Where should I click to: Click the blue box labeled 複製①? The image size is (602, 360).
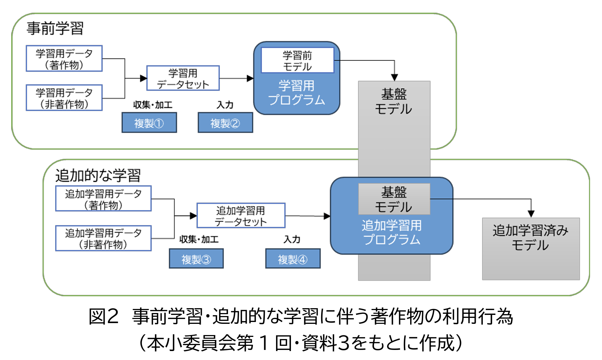(x=149, y=123)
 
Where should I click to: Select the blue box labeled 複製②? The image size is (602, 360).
(x=225, y=123)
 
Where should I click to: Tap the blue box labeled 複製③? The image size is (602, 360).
(x=196, y=259)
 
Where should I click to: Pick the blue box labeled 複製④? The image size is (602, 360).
(x=292, y=259)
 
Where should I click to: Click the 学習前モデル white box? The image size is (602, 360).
(x=297, y=60)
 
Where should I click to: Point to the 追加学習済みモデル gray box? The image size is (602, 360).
(x=530, y=248)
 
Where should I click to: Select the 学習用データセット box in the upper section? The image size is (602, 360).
(x=183, y=78)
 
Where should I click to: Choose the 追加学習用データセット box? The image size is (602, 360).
(x=241, y=215)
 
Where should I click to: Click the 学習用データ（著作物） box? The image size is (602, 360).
(x=64, y=59)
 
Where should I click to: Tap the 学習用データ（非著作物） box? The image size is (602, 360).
(x=64, y=98)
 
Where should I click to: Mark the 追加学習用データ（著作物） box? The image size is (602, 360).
(x=103, y=199)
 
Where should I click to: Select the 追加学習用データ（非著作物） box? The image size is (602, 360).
(x=103, y=238)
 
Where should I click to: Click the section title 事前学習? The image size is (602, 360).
(x=55, y=28)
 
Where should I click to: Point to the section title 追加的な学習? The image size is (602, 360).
(x=98, y=175)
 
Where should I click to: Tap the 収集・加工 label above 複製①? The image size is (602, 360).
(x=153, y=105)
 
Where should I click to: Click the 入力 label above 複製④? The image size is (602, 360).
(x=292, y=239)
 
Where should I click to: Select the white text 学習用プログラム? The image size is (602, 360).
(x=297, y=93)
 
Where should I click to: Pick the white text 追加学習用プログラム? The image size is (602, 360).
(x=392, y=232)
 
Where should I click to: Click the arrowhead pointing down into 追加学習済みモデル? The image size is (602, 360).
(x=531, y=214)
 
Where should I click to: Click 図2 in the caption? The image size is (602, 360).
(x=103, y=316)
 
